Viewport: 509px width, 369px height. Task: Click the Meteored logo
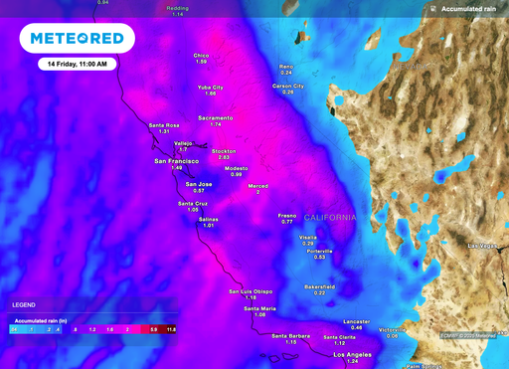coord(78,39)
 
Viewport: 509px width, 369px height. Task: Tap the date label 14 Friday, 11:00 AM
coord(78,64)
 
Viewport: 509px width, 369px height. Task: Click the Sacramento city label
coord(216,117)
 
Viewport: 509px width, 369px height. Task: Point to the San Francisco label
coord(177,160)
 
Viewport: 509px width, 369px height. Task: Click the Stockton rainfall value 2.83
coord(224,157)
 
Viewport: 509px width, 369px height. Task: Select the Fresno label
coord(287,215)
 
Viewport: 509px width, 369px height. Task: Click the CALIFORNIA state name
coord(329,217)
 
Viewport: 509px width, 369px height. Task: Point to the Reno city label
coord(286,67)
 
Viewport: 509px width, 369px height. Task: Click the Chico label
coord(201,56)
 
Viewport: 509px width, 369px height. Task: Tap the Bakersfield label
coord(319,285)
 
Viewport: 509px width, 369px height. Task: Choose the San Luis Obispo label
coord(251,290)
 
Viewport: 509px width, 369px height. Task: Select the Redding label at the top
coord(178,8)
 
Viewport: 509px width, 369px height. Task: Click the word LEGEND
coord(25,304)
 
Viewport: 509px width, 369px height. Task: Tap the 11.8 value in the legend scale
coord(171,328)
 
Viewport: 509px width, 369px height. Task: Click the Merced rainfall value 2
coord(257,192)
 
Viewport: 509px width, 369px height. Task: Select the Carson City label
coord(288,86)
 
